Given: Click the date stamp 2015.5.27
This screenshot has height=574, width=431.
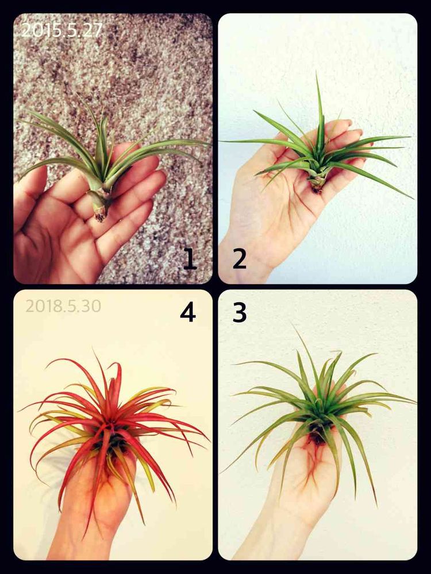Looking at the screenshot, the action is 61,30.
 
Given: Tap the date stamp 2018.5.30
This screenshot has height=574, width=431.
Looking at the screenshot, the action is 63,306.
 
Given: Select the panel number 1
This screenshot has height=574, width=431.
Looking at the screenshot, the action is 190,259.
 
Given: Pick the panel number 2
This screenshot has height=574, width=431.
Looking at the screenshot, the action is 239,259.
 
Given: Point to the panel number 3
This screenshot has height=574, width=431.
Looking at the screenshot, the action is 240,313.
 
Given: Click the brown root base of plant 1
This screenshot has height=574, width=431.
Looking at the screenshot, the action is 100,216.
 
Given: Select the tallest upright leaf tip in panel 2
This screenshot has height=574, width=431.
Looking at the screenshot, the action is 317,73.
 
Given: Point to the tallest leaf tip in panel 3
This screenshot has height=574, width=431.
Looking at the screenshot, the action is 294,325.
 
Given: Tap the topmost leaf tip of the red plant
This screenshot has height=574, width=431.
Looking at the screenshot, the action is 93,351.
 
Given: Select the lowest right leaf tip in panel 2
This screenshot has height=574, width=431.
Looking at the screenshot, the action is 413,199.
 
